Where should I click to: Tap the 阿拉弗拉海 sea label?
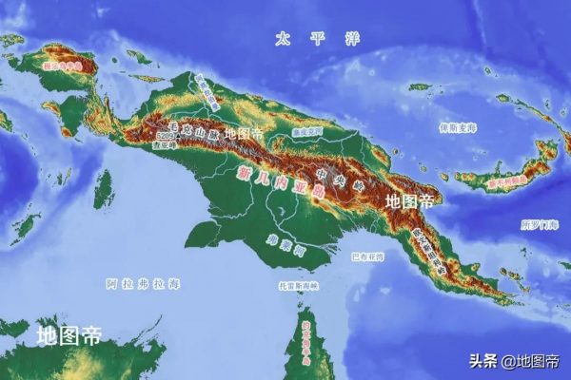[142, 283]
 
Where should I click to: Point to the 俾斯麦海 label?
[457, 126]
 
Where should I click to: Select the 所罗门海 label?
[539, 224]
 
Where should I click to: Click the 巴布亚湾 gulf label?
[367, 256]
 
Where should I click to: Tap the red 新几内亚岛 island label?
[281, 182]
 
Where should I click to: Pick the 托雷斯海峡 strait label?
[297, 284]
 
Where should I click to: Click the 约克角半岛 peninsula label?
[306, 343]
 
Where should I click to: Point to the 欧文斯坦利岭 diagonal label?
[429, 249]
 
